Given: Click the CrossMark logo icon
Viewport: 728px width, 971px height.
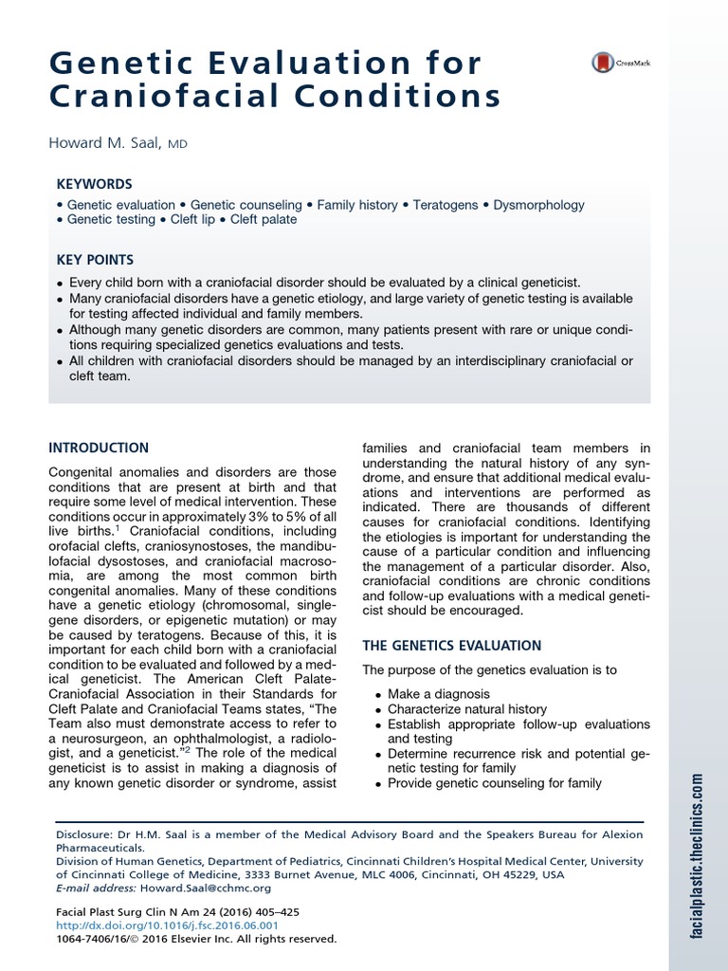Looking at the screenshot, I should click(603, 63).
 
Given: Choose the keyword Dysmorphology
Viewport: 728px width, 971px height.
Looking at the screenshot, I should click(539, 205).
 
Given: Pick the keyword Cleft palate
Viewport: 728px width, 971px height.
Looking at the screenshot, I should click(260, 219).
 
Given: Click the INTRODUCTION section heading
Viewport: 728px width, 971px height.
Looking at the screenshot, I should click(99, 448).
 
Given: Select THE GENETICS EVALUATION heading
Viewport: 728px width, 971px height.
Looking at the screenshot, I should click(452, 646).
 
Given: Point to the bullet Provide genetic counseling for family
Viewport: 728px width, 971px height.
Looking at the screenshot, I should click(494, 783).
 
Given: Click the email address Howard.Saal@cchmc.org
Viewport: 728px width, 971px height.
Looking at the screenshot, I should click(205, 889).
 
